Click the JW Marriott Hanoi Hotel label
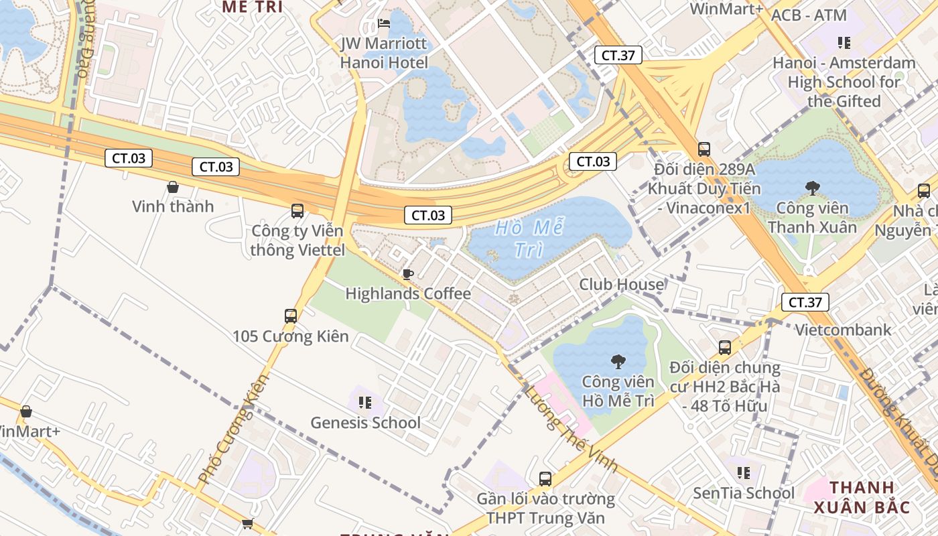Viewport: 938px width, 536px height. (383, 53)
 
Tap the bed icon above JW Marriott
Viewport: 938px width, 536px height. (384, 23)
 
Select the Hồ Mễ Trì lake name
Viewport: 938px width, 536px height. (529, 239)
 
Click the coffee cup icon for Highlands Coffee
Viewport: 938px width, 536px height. (407, 273)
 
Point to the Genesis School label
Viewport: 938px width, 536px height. (365, 423)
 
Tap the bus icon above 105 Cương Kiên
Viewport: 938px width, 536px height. (291, 316)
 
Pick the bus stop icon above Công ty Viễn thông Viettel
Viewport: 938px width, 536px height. (297, 211)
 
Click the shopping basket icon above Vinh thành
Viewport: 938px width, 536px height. (173, 187)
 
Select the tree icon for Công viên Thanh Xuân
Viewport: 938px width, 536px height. (813, 188)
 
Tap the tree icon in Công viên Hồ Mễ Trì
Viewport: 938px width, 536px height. (618, 362)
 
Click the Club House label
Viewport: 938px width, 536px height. (621, 284)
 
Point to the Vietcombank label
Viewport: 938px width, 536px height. (843, 330)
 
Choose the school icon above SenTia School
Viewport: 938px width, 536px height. (744, 473)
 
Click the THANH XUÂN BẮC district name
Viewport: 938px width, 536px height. (862, 496)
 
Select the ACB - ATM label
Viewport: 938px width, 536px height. (809, 15)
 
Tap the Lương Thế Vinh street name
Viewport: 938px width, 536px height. (571, 429)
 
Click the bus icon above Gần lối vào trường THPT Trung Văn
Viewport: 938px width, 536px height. (545, 479)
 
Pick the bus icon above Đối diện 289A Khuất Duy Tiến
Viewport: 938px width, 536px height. (703, 149)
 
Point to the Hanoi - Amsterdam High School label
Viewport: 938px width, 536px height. (844, 82)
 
